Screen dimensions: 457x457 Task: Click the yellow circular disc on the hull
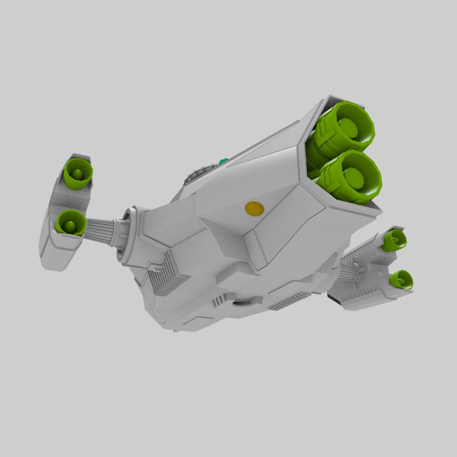[x=254, y=208]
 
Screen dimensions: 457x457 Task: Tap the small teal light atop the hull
[x=223, y=161]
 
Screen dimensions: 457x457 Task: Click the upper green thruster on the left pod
[x=78, y=173]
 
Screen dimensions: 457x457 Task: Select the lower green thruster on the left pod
[x=70, y=223]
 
